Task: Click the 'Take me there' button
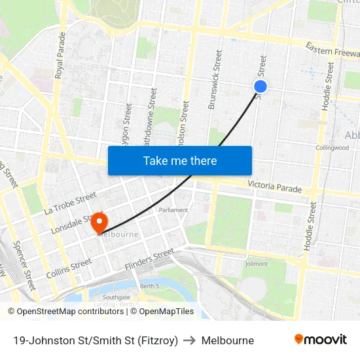[x=180, y=160]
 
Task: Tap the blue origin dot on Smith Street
[x=261, y=86]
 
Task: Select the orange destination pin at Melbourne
[x=99, y=223]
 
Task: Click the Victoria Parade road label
[x=275, y=187]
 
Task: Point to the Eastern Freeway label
[x=332, y=50]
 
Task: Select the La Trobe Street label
[x=70, y=204]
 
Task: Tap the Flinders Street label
[x=150, y=259]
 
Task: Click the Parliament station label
[x=173, y=210]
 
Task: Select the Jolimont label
[x=256, y=264]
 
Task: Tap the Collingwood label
[x=332, y=148]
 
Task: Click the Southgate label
[x=116, y=297]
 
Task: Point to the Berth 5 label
[x=150, y=286]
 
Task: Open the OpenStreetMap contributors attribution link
[x=69, y=312]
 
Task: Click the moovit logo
[x=320, y=340]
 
